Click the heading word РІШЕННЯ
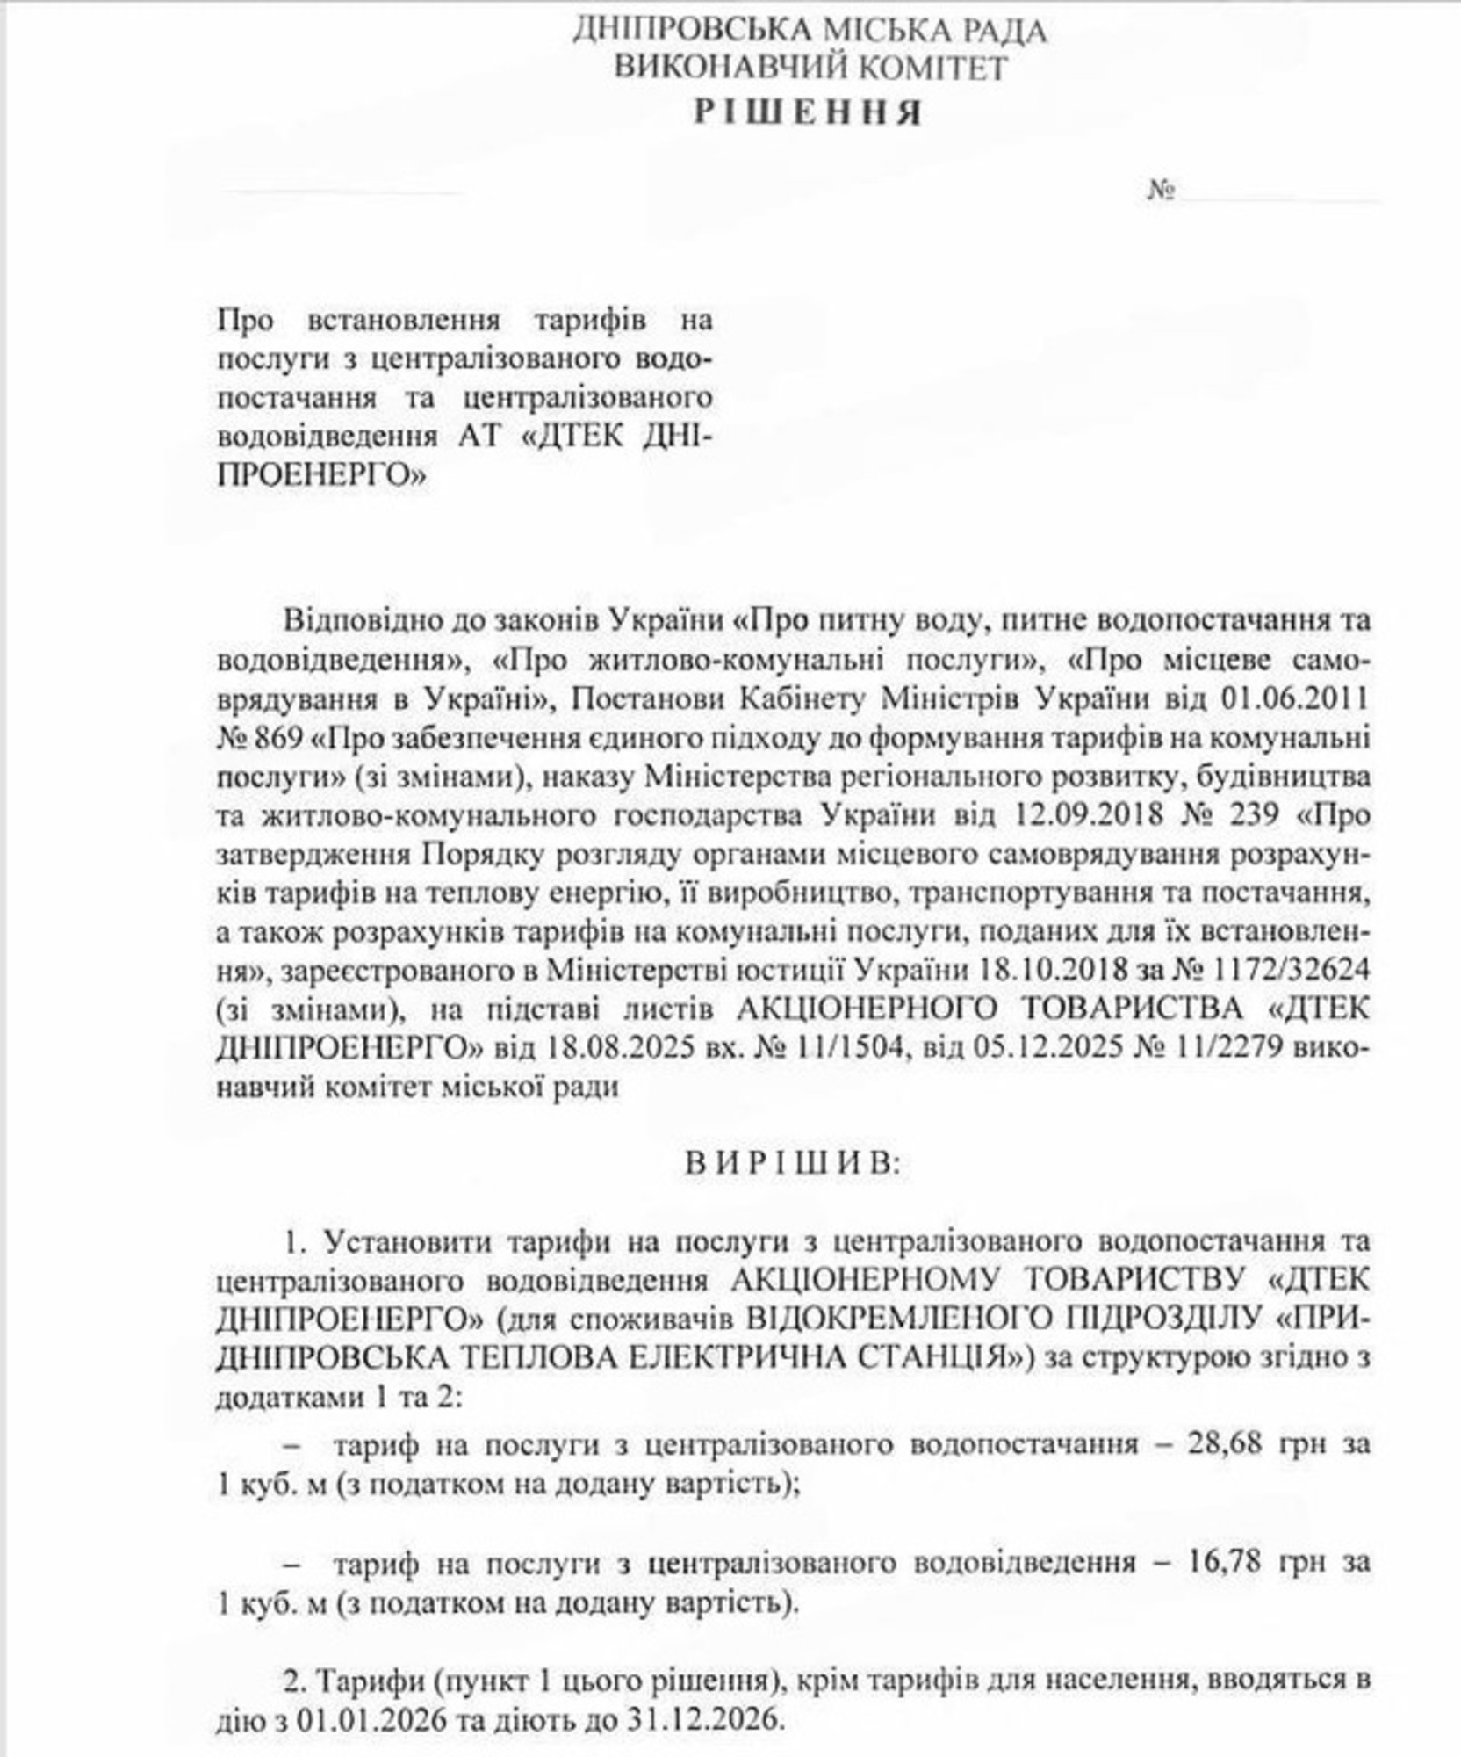(809, 112)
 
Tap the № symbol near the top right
(1161, 191)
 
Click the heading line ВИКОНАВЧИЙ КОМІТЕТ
(810, 69)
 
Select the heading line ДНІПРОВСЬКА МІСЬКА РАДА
(810, 31)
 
